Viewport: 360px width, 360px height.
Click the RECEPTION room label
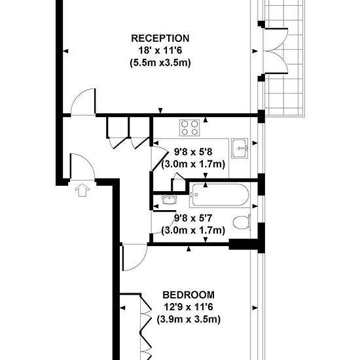pos(160,38)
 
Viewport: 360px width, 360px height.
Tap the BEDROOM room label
pos(189,295)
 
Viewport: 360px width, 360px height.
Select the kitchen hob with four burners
pos(190,128)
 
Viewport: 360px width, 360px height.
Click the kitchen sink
pos(240,149)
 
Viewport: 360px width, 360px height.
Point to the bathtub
pos(220,195)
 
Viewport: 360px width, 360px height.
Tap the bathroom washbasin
pos(170,200)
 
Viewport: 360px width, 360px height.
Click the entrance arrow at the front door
pos(82,190)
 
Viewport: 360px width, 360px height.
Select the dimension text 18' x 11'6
pos(160,50)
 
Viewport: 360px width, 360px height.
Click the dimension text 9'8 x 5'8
pos(193,152)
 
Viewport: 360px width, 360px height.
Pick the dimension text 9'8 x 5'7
pos(193,218)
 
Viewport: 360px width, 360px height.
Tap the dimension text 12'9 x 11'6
pos(189,307)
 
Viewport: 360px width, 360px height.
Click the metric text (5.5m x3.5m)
pos(160,63)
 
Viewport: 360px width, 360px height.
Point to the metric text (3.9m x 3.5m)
pos(189,319)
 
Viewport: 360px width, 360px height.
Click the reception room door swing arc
pos(77,96)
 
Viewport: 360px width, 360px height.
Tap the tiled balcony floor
pos(285,94)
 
